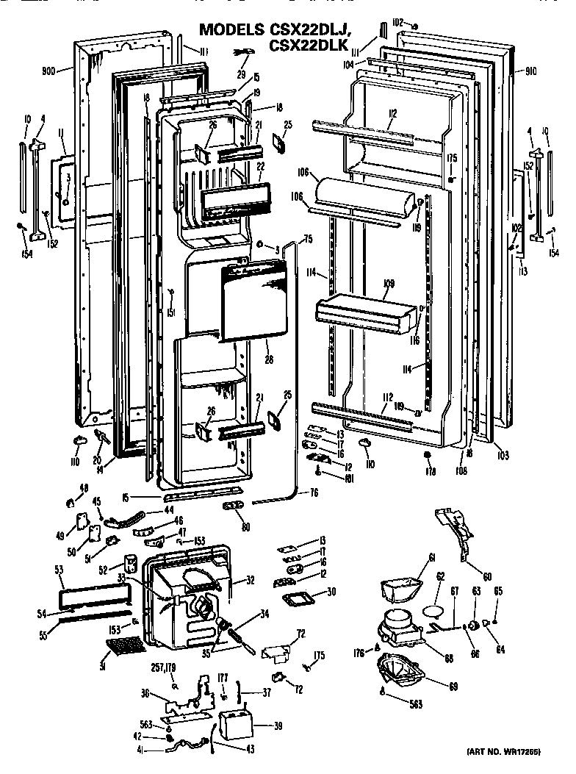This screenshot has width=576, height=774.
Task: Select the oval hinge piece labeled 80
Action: [x=236, y=507]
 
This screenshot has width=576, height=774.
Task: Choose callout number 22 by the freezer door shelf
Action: [x=260, y=168]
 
